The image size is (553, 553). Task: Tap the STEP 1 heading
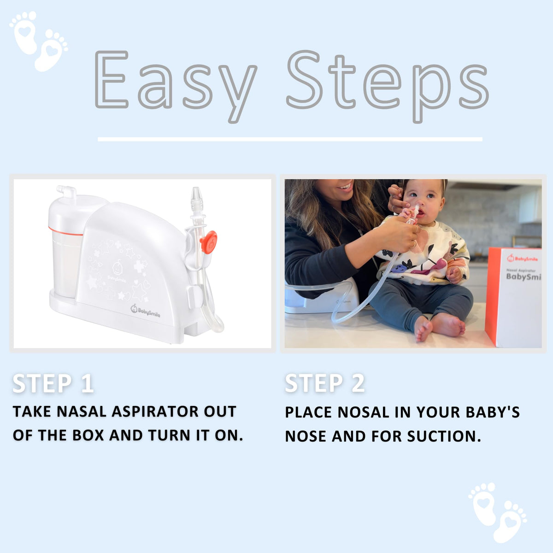[x=53, y=383]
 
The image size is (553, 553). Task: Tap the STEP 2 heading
[x=325, y=383]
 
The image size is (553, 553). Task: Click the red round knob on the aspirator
[x=209, y=242]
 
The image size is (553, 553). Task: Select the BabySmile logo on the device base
[x=145, y=311]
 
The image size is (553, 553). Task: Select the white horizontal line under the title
[x=290, y=139]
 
